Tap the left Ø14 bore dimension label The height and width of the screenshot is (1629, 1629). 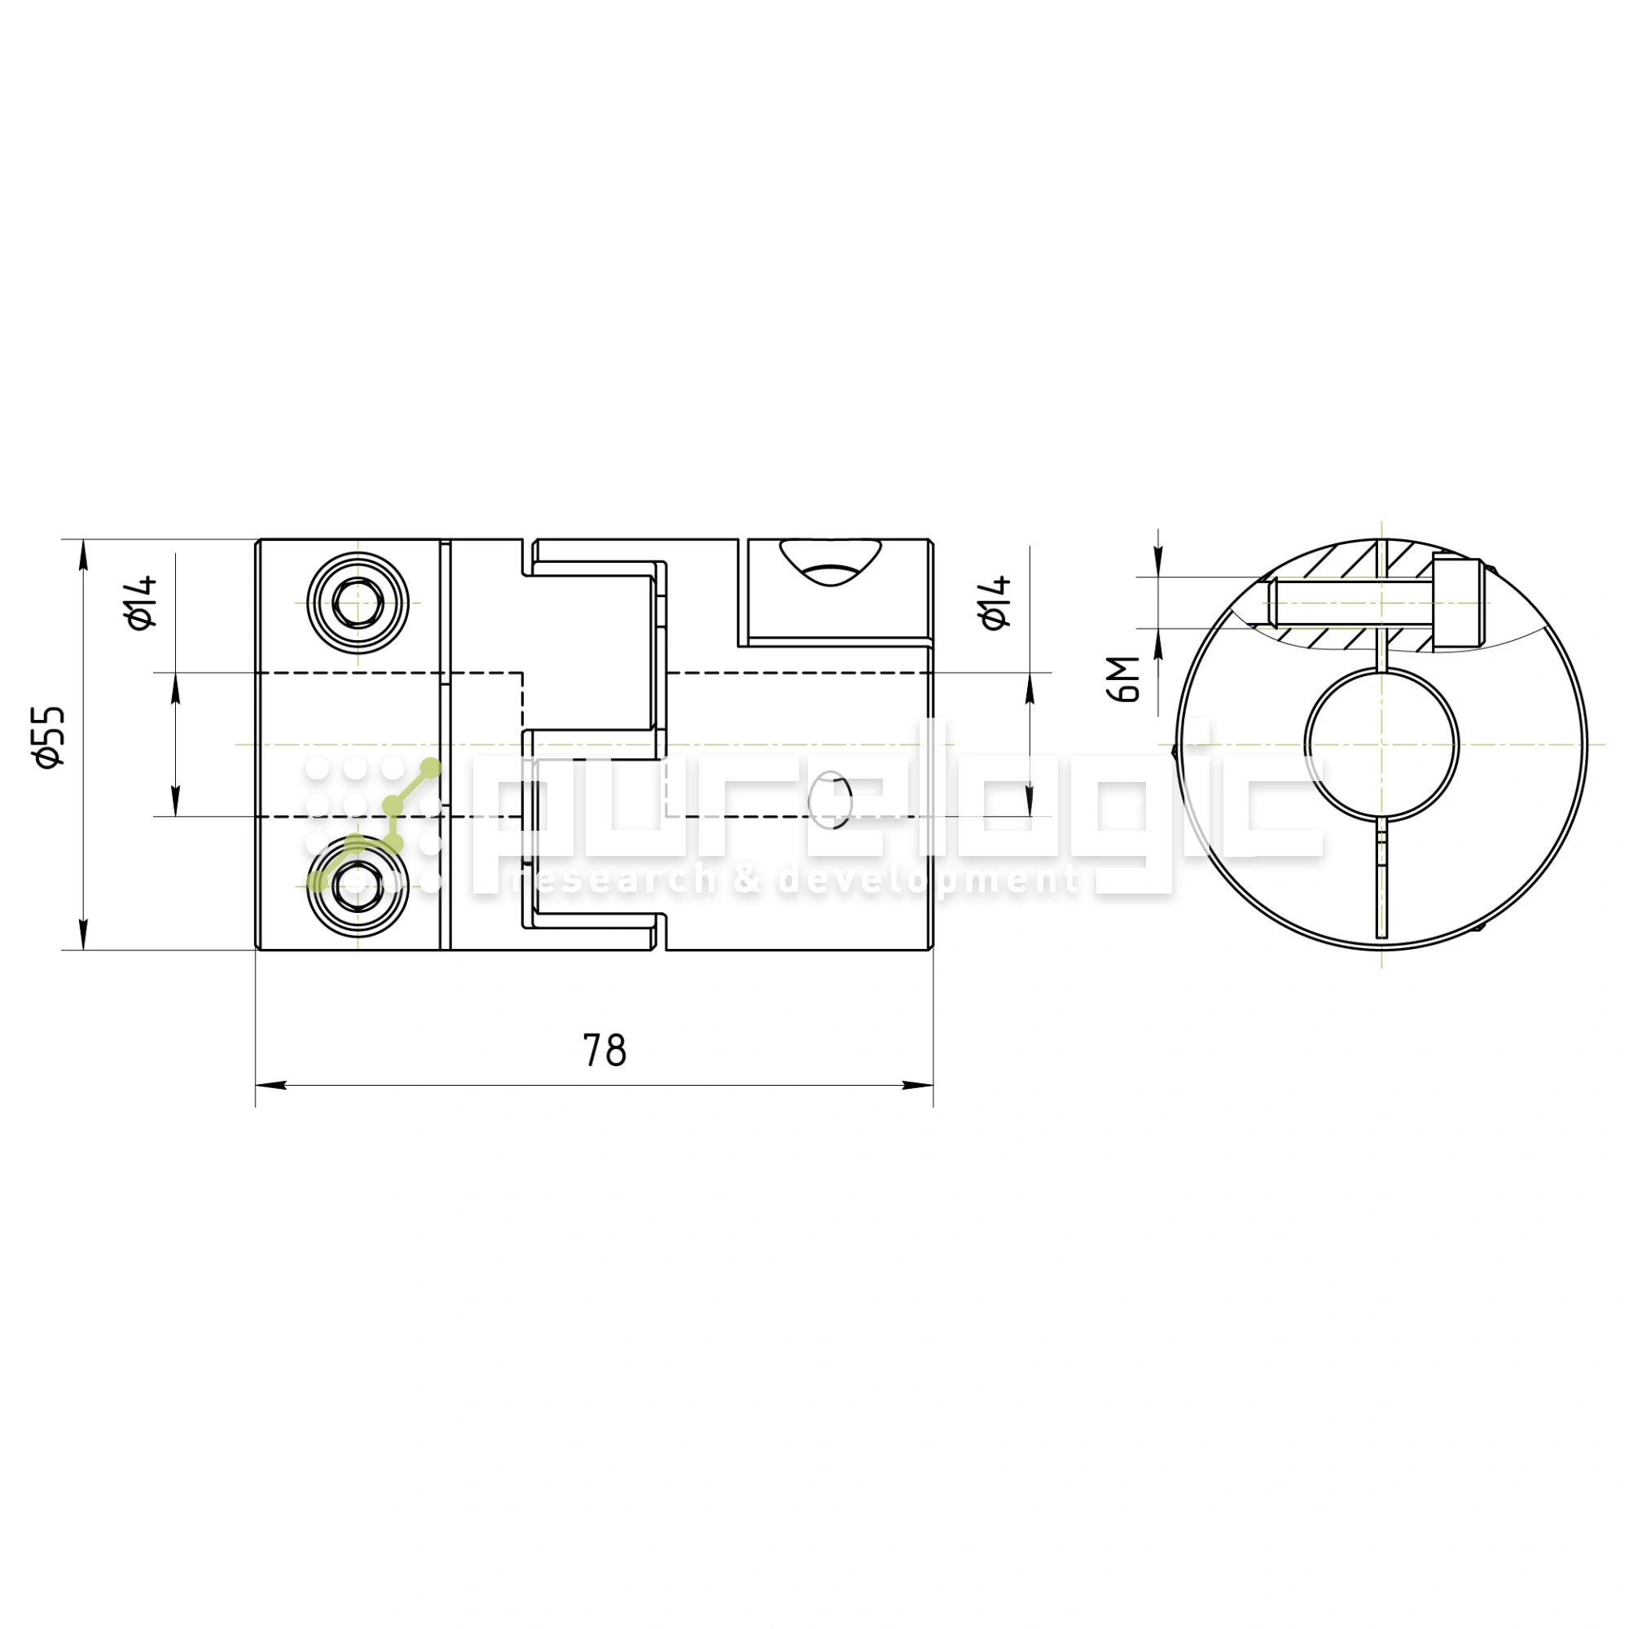(142, 602)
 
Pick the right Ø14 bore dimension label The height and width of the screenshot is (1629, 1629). (995, 602)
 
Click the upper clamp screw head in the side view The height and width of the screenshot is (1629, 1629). (358, 604)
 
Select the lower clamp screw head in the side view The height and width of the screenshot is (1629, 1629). (358, 886)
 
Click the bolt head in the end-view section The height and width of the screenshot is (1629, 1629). (1457, 603)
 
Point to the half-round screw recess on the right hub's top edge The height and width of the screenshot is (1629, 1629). (831, 564)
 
